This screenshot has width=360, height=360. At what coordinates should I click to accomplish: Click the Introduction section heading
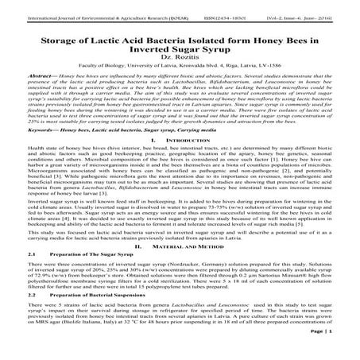click(x=189, y=161)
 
